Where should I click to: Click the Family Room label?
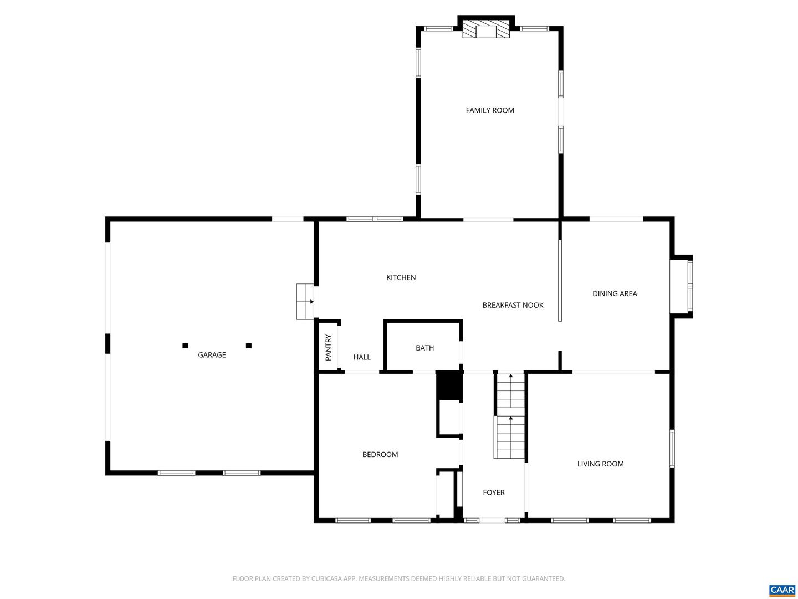[x=490, y=110]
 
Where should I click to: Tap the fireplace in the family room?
[x=486, y=30]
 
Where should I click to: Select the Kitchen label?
[x=401, y=277]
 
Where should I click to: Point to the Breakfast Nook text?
[x=513, y=305]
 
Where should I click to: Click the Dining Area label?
[x=615, y=293]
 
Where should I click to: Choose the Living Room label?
[x=600, y=464]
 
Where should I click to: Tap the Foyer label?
[x=493, y=492]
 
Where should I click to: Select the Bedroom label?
[x=380, y=454]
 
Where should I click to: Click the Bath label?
[x=424, y=348]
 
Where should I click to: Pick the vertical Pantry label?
[x=328, y=348]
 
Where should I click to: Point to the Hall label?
[x=362, y=357]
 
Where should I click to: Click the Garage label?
[x=212, y=355]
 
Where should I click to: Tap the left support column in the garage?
[x=185, y=346]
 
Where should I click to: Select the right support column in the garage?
[x=249, y=346]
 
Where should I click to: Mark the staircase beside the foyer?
[x=510, y=416]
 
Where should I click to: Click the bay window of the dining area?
[x=682, y=287]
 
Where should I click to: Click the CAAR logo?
[x=782, y=590]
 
